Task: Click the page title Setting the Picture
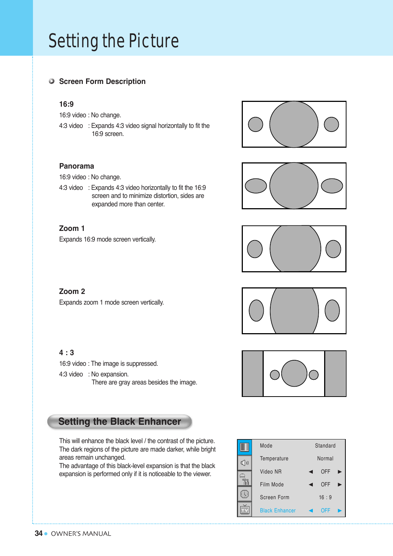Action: pyautogui.click(x=114, y=41)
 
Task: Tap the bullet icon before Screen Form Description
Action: pyautogui.click(x=52, y=81)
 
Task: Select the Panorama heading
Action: pyautogui.click(x=77, y=166)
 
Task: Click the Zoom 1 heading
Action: pyautogui.click(x=72, y=228)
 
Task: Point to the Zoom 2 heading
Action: pyautogui.click(x=72, y=291)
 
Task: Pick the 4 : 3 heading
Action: pyautogui.click(x=66, y=353)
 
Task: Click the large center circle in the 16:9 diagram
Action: pyautogui.click(x=294, y=124)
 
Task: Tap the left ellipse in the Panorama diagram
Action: pyautogui.click(x=256, y=186)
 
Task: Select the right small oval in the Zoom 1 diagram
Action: pyautogui.click(x=333, y=249)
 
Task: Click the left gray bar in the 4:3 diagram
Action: pyautogui.click(x=252, y=373)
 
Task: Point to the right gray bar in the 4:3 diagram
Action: pyautogui.click(x=335, y=373)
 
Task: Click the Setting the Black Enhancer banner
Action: pyautogui.click(x=119, y=421)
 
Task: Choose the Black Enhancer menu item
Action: pyautogui.click(x=278, y=511)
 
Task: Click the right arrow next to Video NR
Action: pyautogui.click(x=340, y=472)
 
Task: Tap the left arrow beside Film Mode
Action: pyautogui.click(x=311, y=485)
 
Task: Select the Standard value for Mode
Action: pyautogui.click(x=325, y=446)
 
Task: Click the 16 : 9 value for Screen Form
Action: pyautogui.click(x=325, y=497)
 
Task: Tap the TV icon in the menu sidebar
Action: pyautogui.click(x=245, y=510)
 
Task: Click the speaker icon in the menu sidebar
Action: pyautogui.click(x=245, y=463)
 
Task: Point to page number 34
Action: pyautogui.click(x=38, y=533)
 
